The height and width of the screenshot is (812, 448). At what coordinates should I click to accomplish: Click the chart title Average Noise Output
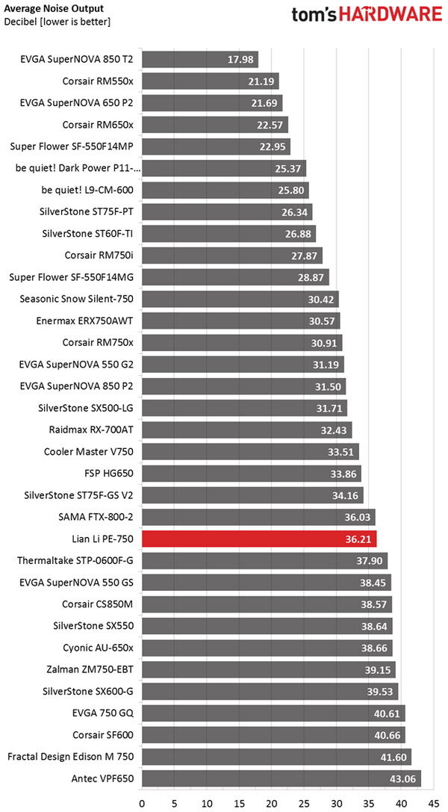tap(54, 8)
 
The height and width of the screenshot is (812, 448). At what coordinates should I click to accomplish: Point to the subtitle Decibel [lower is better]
tap(57, 22)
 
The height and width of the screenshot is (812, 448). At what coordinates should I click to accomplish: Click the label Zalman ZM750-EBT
tap(89, 669)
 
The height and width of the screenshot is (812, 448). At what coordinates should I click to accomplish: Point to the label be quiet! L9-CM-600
tap(85, 190)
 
